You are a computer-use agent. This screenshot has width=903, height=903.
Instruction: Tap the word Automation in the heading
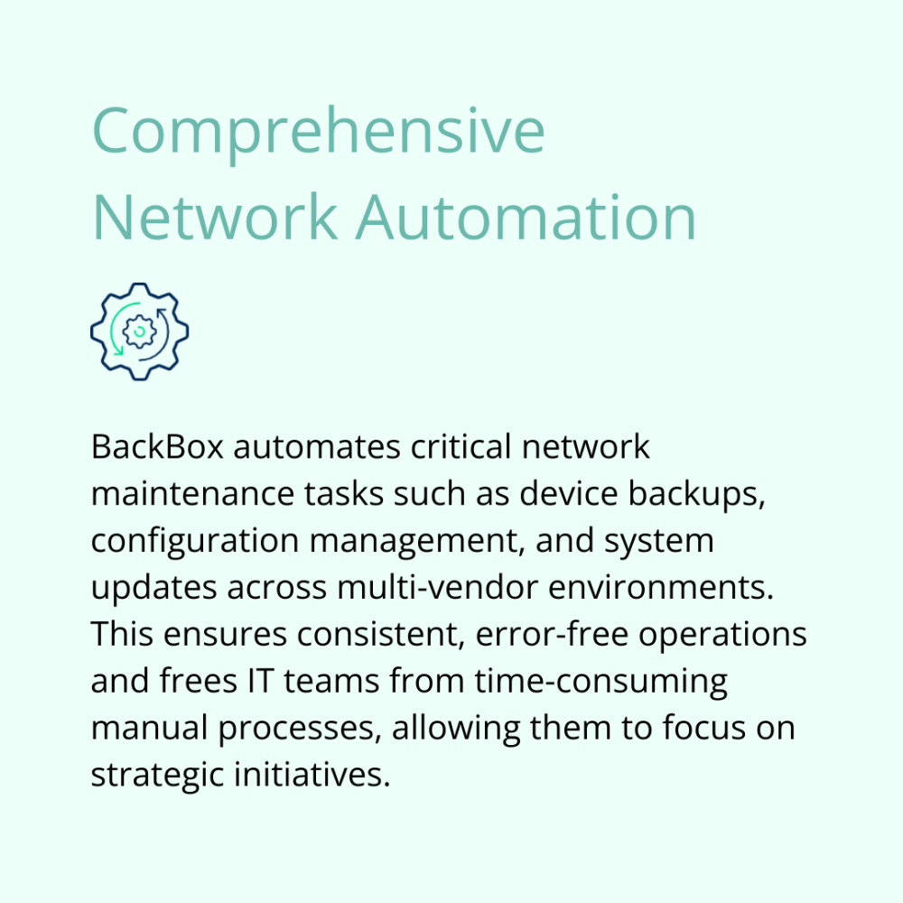click(x=526, y=218)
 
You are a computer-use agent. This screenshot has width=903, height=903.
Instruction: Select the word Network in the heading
click(x=214, y=217)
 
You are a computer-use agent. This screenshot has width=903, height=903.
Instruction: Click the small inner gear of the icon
click(x=139, y=331)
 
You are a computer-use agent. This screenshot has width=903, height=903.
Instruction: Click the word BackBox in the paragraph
click(x=157, y=447)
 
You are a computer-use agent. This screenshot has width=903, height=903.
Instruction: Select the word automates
click(x=317, y=448)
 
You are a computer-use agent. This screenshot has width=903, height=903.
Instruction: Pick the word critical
click(x=461, y=447)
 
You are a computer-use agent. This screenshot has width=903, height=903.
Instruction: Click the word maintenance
click(x=193, y=494)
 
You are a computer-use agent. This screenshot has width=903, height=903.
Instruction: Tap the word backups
click(x=696, y=495)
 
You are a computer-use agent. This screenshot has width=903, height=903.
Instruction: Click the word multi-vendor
click(x=438, y=588)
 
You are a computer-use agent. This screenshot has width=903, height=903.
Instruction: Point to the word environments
click(x=661, y=588)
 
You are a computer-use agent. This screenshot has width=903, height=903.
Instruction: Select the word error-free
click(x=552, y=634)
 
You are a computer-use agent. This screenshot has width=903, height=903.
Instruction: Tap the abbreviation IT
click(x=260, y=681)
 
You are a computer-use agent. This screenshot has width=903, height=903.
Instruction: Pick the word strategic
click(x=158, y=776)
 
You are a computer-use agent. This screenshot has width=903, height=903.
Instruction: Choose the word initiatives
click(x=312, y=775)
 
